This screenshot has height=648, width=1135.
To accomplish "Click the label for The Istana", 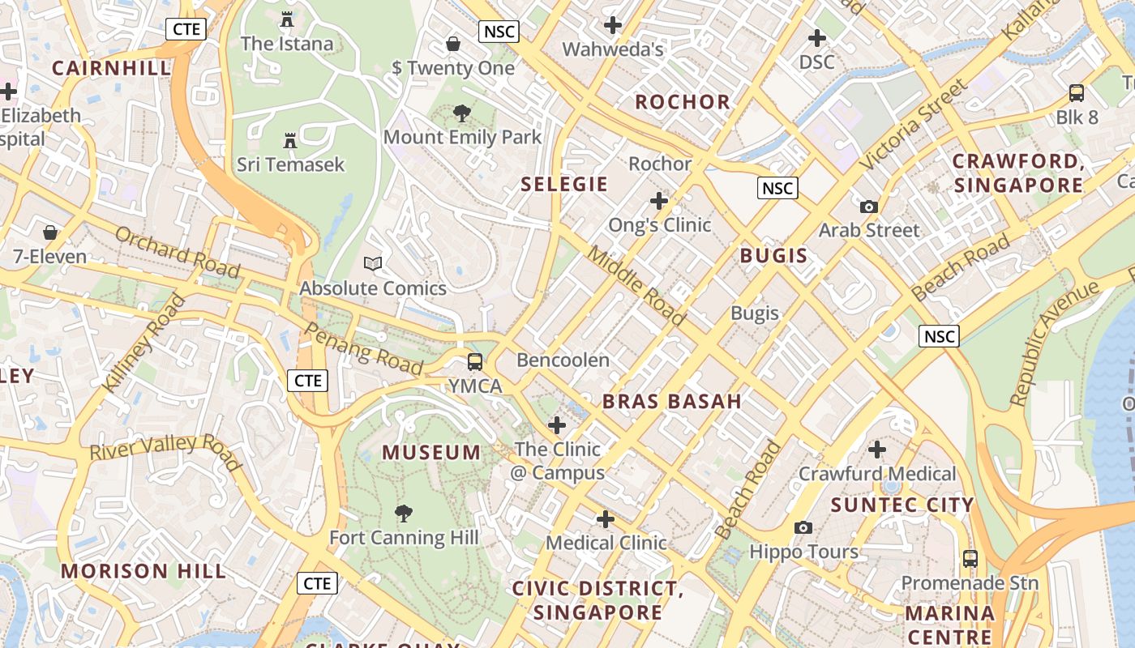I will [287, 44].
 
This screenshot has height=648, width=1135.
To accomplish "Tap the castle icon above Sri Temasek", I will [289, 141].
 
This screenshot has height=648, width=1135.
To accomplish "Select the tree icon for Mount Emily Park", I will [462, 113].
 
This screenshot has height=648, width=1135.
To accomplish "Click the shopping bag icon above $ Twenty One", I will [453, 43].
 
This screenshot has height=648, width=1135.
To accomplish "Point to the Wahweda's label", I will [613, 49].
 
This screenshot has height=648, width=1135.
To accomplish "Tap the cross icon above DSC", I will [816, 38].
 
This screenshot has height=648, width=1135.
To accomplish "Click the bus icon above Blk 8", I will [1077, 93].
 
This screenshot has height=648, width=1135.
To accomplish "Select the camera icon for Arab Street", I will [869, 207].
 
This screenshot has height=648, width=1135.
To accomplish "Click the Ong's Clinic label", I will [659, 225].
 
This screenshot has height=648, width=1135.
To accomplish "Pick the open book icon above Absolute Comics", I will [373, 263].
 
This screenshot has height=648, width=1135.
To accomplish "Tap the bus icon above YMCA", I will [475, 362].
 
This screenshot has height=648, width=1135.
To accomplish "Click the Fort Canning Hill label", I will [404, 538].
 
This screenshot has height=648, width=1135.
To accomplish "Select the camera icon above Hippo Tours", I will [803, 528].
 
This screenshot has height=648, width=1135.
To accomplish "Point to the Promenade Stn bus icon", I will [970, 558].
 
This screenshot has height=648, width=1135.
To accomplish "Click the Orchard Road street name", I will [178, 252].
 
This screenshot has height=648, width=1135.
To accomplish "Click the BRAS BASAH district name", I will [672, 401].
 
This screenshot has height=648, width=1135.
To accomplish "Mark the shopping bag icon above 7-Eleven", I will [50, 233].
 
